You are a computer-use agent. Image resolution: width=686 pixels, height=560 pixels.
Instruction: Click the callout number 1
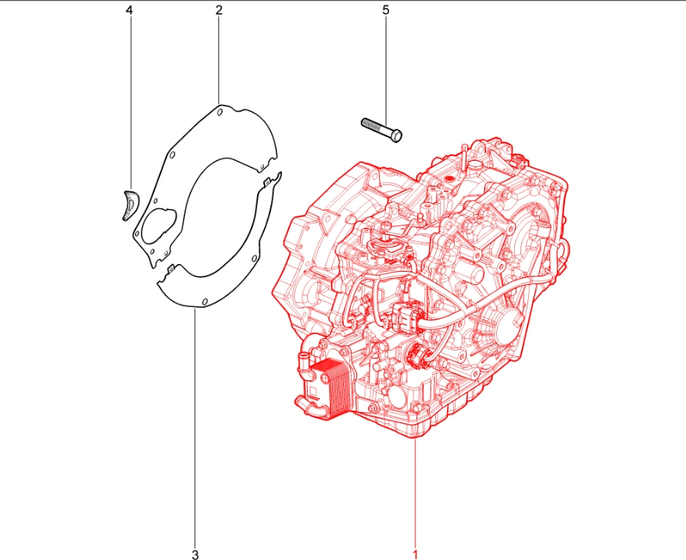click(415, 555)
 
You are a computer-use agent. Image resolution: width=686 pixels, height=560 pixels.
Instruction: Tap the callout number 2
click(219, 9)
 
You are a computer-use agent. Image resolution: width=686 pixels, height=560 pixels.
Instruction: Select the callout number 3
click(195, 555)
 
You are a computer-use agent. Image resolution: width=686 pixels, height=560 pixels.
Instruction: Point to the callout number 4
click(129, 9)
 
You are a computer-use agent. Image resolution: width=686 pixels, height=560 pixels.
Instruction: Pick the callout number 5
click(385, 9)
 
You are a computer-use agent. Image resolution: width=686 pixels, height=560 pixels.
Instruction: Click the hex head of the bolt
click(396, 137)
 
